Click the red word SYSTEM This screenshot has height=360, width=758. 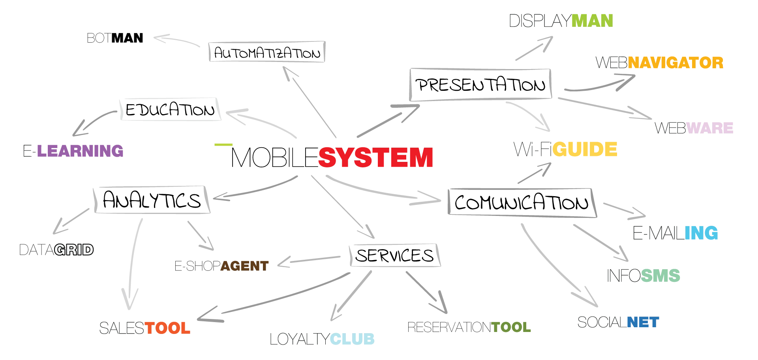pyautogui.click(x=375, y=157)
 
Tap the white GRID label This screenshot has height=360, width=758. pyautogui.click(x=74, y=249)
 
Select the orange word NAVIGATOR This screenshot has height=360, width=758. pyautogui.click(x=675, y=62)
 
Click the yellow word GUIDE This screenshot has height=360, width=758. pyautogui.click(x=585, y=149)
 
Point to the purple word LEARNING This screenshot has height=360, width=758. pyautogui.click(x=79, y=150)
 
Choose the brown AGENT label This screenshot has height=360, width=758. pyautogui.click(x=245, y=266)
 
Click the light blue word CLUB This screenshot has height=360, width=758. pyautogui.click(x=353, y=339)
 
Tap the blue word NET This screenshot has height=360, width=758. pyautogui.click(x=642, y=322)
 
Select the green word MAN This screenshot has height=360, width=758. pyautogui.click(x=592, y=21)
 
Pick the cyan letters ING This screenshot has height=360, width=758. pyautogui.click(x=702, y=232)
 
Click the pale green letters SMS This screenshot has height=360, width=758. pyautogui.click(x=661, y=276)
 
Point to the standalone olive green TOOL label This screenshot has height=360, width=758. pyautogui.click(x=512, y=327)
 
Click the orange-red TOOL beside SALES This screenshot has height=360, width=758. pyautogui.click(x=168, y=328)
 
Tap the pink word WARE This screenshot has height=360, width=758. pyautogui.click(x=711, y=128)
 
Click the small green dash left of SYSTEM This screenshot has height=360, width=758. pyautogui.click(x=222, y=145)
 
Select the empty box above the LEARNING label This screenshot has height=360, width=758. pyautogui.click(x=170, y=109)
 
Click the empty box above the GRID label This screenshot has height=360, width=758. pyautogui.click(x=152, y=199)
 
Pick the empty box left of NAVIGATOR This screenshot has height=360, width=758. pyautogui.click(x=480, y=84)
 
